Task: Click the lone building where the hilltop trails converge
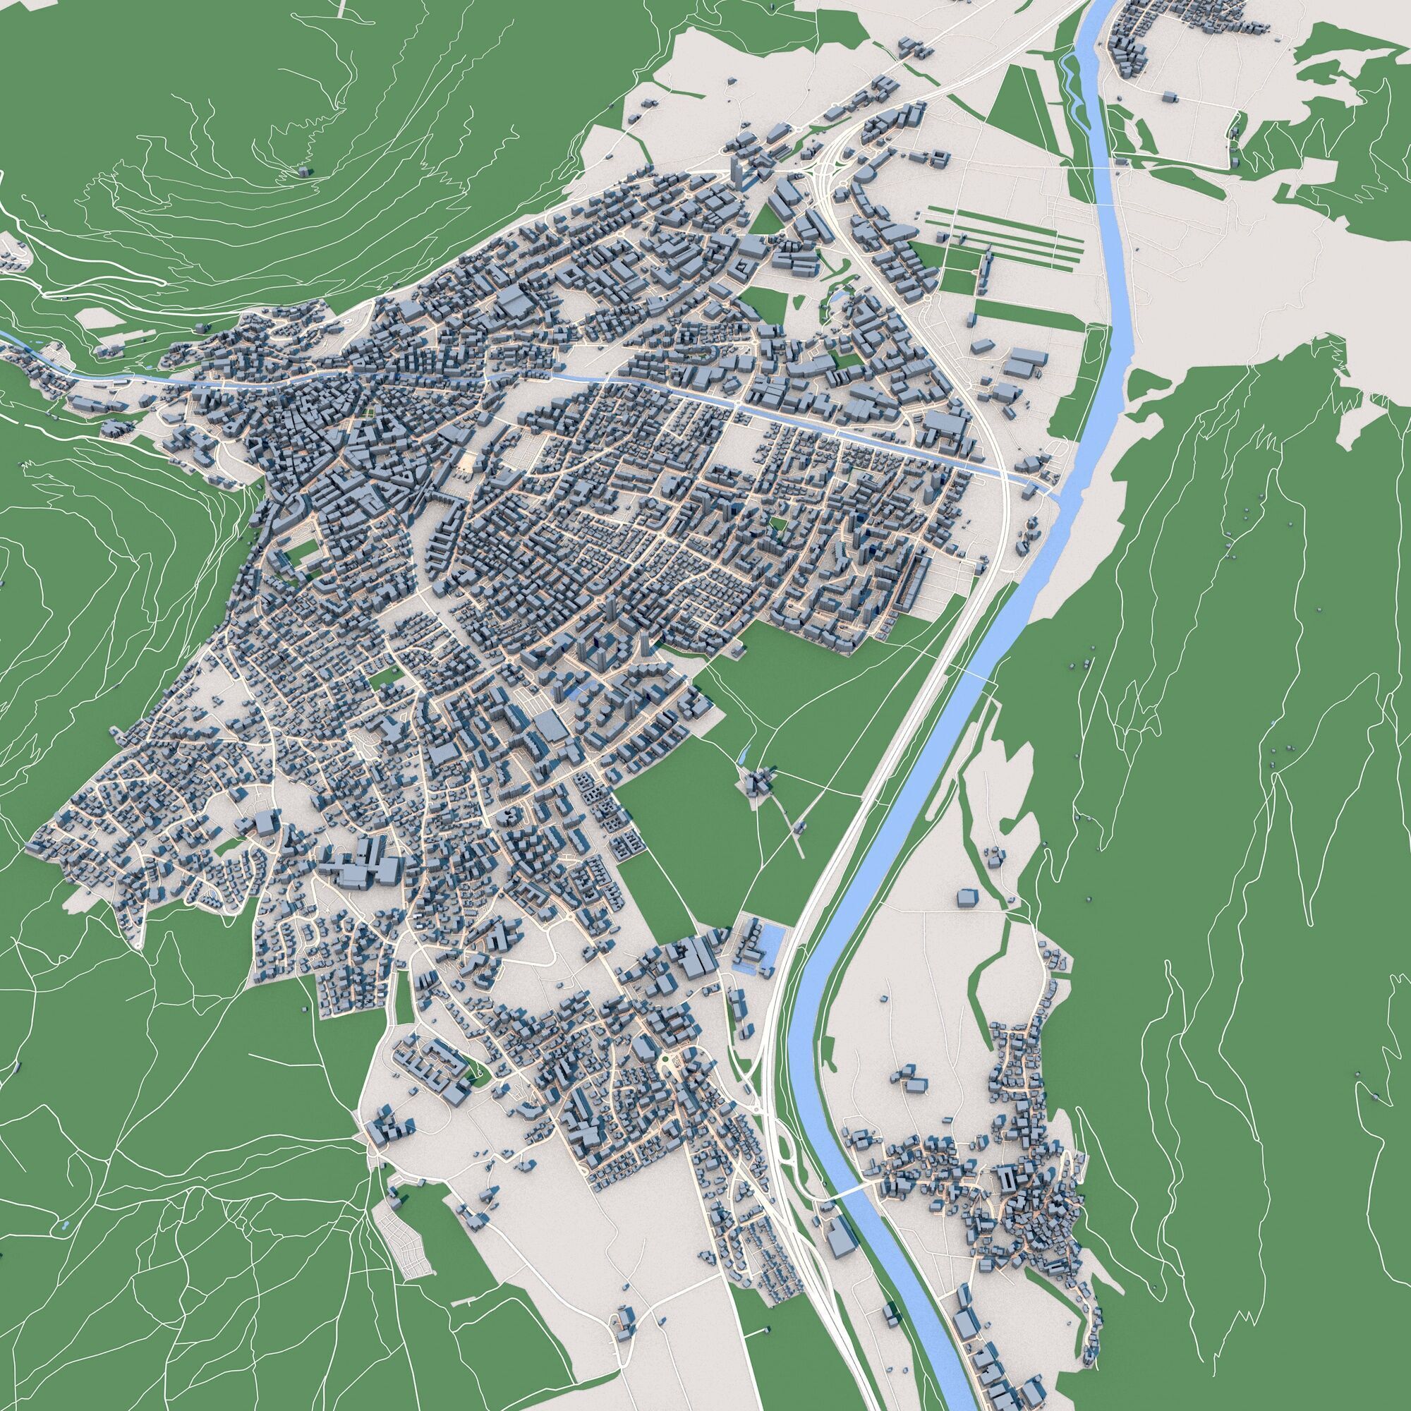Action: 304,171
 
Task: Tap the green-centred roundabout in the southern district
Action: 666,1061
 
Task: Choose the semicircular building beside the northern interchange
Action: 864,175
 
